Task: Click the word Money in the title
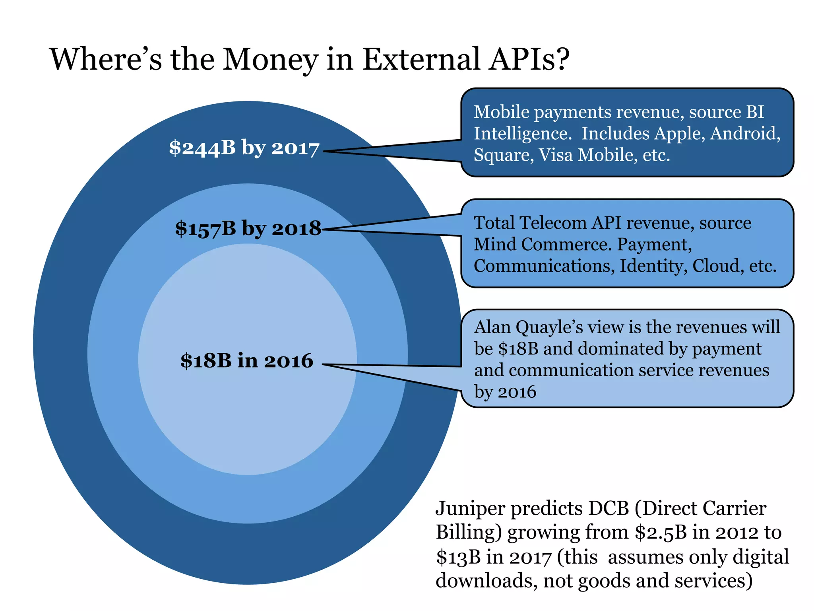pos(270,60)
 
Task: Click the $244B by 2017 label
pos(244,148)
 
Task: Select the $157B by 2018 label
pos(248,229)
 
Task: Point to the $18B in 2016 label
pos(247,360)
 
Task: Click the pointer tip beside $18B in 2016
pos(323,364)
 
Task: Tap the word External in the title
pos(421,60)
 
